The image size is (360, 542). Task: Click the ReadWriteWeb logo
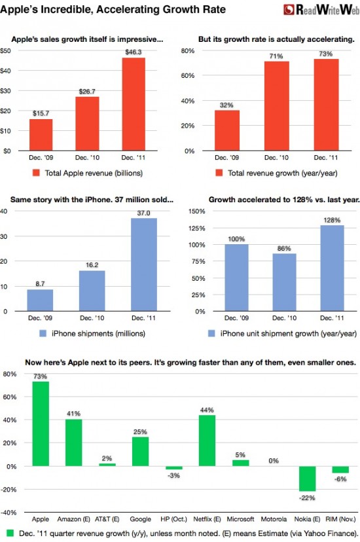click(321, 10)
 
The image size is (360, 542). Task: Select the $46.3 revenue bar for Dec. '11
click(134, 104)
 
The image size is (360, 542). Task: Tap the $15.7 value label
click(41, 113)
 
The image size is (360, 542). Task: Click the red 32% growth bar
click(226, 130)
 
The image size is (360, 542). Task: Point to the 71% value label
click(276, 56)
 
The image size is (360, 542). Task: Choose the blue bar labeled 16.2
click(92, 291)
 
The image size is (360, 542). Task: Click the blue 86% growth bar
click(284, 282)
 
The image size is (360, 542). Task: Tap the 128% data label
click(332, 220)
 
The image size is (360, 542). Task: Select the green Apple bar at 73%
click(41, 424)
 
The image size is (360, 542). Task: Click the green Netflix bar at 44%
click(207, 441)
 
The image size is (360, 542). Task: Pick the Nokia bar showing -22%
click(307, 479)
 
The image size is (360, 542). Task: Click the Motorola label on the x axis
click(274, 519)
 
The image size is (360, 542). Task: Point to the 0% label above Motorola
click(274, 461)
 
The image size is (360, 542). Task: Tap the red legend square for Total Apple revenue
click(36, 173)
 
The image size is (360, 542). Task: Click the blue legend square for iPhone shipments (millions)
click(43, 333)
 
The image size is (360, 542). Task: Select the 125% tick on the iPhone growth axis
click(196, 228)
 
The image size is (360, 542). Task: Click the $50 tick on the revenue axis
click(5, 51)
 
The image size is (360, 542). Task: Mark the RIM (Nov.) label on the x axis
click(340, 519)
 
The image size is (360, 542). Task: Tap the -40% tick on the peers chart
click(10, 513)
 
